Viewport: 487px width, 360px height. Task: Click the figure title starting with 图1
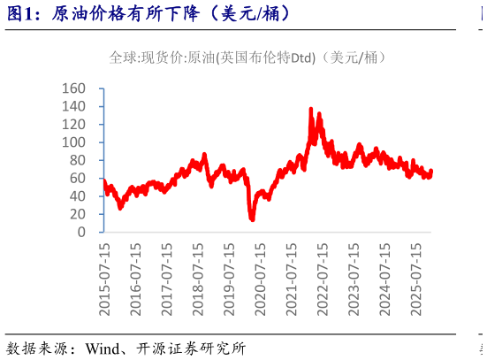(x=150, y=15)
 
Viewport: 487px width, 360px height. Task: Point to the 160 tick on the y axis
(x=74, y=88)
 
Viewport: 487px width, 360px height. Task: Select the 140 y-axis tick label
(x=74, y=106)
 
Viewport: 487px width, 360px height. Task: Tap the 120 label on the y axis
(x=74, y=125)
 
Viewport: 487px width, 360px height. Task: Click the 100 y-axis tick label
(x=74, y=142)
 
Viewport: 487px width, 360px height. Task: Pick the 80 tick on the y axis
(x=78, y=160)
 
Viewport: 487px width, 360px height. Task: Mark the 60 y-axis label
(x=78, y=179)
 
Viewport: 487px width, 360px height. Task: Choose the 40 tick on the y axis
(x=78, y=196)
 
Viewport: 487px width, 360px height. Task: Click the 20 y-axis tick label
(x=78, y=214)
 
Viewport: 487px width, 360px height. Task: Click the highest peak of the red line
(x=310, y=109)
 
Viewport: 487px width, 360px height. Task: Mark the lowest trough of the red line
(x=252, y=219)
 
